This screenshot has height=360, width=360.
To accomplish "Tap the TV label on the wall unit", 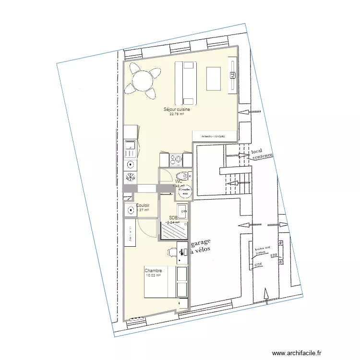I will click(x=232, y=74).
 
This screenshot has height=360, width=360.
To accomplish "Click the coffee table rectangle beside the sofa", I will click(x=213, y=78).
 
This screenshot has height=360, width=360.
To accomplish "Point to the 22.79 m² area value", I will click(x=177, y=114).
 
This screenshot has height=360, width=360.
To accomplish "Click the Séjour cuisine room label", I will click(x=177, y=109).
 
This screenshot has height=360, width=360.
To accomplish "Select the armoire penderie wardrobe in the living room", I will click(x=214, y=136).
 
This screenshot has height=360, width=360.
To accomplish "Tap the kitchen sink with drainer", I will click(x=130, y=149).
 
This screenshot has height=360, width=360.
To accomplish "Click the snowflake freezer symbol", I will click(x=130, y=177).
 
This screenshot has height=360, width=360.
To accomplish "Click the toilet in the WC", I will click(x=182, y=175).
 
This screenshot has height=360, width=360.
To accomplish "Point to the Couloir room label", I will click(x=143, y=205).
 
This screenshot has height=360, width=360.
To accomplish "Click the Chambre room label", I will click(x=153, y=271).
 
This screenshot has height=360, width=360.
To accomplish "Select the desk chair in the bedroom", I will click(x=172, y=252).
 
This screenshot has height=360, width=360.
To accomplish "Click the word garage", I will click(x=204, y=243).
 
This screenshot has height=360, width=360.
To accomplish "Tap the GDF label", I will click(x=258, y=264).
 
